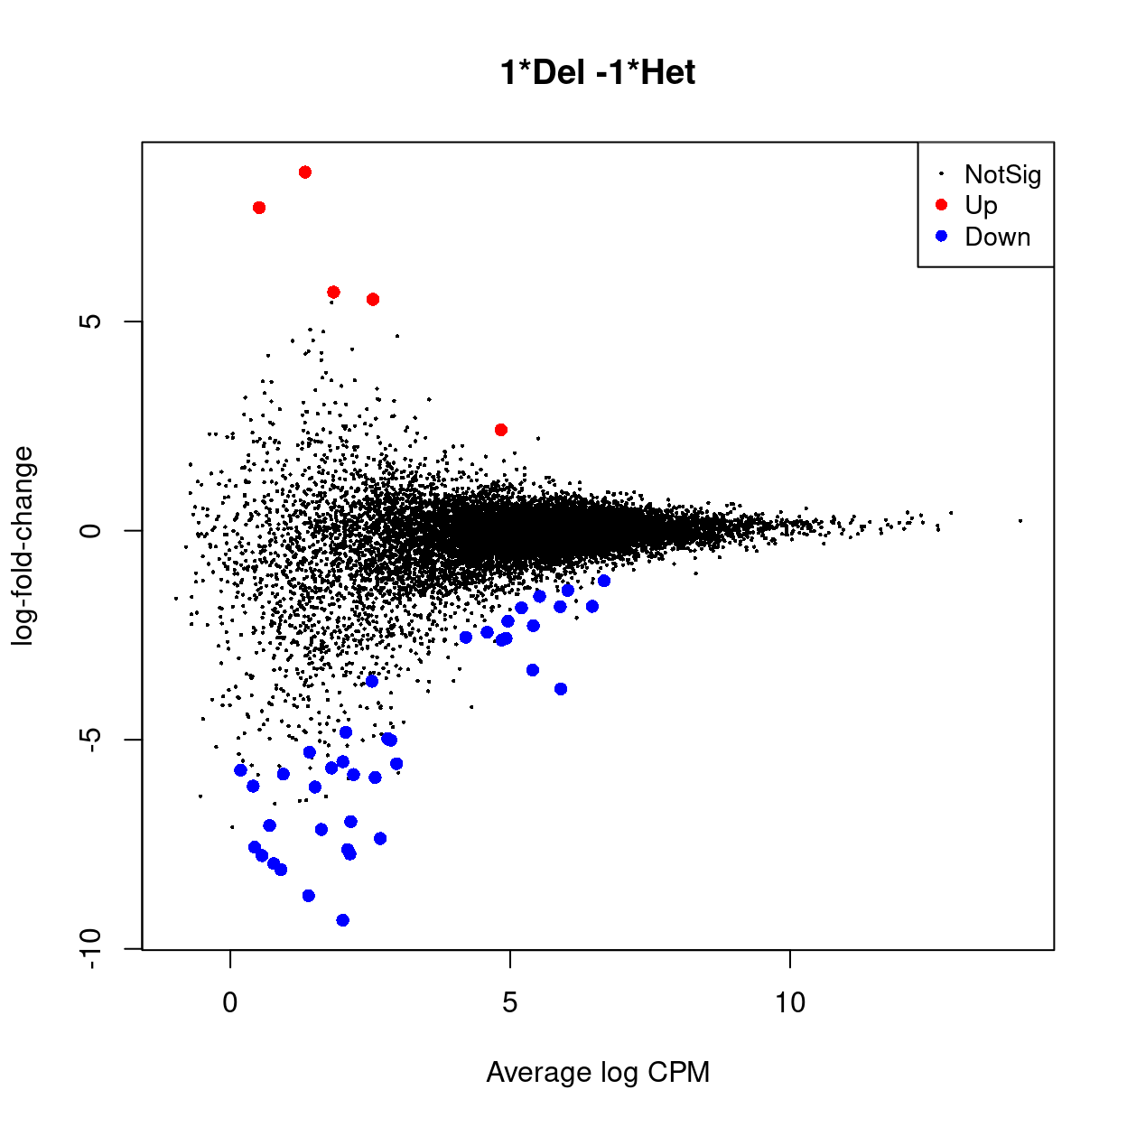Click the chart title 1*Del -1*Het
(x=598, y=72)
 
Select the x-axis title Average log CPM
(x=598, y=1072)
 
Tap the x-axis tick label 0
(x=230, y=1001)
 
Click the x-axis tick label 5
(x=510, y=1001)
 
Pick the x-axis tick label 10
(x=789, y=1001)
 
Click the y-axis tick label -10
(x=90, y=949)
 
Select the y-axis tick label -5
(x=90, y=740)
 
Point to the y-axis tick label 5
(x=90, y=321)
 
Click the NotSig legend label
(x=1002, y=174)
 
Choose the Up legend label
(x=981, y=205)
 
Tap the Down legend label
(x=997, y=237)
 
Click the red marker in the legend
(x=941, y=205)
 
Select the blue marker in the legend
(x=941, y=236)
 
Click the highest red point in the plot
(x=305, y=172)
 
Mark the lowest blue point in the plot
(x=342, y=920)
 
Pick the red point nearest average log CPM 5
(x=501, y=430)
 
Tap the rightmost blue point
(x=604, y=581)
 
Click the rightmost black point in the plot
(x=1020, y=521)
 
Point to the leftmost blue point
(x=240, y=770)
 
